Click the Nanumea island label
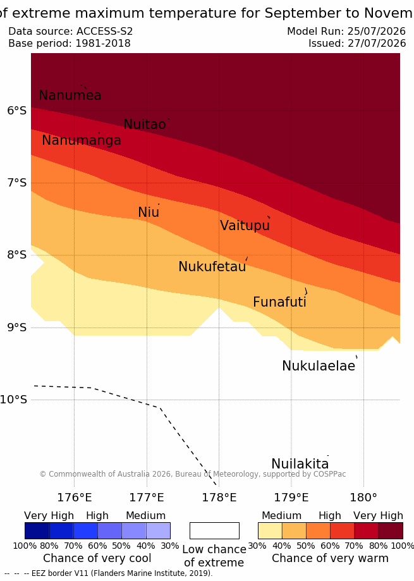pos(70,95)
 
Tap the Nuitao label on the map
pos(144,124)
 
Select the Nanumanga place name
pos(82,140)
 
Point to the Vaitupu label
pos(245,226)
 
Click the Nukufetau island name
pos(212,266)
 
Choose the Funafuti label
pos(279,302)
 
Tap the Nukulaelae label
pos(319,365)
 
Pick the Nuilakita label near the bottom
pos(300,463)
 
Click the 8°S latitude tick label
pos(16,255)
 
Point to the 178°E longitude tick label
pos(219,498)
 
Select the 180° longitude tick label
pos(363,498)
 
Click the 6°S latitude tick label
pos(16,111)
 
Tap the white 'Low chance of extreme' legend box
pos(214,530)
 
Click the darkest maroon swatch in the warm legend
pos(391,530)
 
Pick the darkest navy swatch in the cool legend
pos(37,530)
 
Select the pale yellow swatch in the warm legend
pos(270,530)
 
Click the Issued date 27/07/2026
pos(377,44)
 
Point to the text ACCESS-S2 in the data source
pos(104,31)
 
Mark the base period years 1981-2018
pos(103,44)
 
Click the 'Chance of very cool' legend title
pos(97,558)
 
